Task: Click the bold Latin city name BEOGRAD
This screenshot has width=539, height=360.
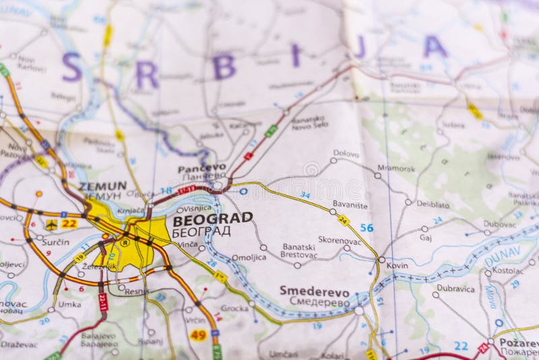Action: tap(212, 218)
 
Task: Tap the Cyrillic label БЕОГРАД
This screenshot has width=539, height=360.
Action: tap(201, 231)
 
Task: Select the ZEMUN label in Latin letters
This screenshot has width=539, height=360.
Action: tap(102, 185)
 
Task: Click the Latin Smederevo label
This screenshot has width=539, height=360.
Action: tap(314, 291)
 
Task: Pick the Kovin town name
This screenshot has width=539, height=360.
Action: tap(397, 266)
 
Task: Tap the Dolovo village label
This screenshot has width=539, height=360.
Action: tap(346, 154)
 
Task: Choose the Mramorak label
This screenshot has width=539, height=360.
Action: tap(396, 168)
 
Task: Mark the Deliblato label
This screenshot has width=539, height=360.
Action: tap(433, 204)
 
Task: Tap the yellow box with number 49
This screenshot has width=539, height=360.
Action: tap(198, 334)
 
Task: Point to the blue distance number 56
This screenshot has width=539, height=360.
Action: tap(366, 228)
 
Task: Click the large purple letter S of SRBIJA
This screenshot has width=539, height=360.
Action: tap(71, 67)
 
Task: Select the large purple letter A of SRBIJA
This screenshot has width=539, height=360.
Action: tap(435, 47)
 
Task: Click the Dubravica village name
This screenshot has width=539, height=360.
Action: tap(455, 288)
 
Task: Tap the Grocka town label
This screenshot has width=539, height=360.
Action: tap(234, 308)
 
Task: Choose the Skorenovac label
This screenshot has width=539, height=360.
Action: tap(341, 240)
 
